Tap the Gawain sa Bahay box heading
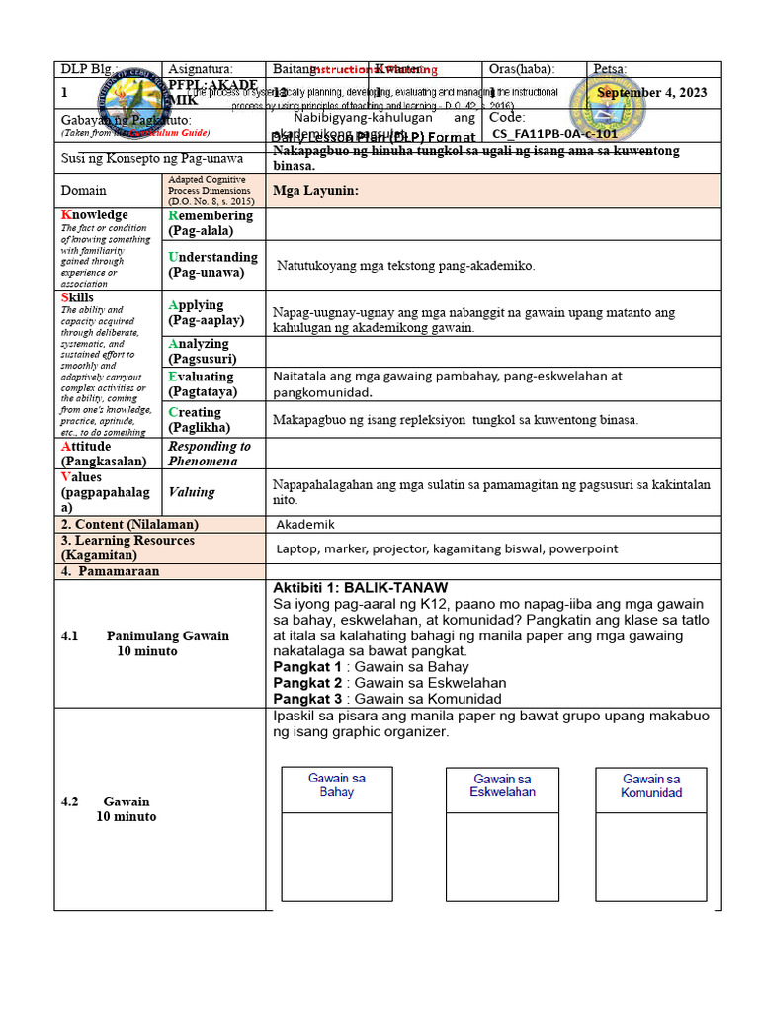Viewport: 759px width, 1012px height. [x=336, y=785]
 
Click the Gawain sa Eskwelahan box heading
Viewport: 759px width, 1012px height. [x=502, y=785]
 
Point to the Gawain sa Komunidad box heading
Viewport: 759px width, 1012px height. [x=650, y=785]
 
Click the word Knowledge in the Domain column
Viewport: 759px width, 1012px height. [x=95, y=215]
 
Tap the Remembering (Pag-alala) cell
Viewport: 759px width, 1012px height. [x=211, y=223]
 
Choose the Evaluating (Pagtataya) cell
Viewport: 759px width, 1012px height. [x=203, y=384]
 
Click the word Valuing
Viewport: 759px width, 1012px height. [x=191, y=492]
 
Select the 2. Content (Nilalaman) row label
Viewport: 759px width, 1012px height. [x=129, y=524]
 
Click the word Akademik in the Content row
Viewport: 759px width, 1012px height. [x=305, y=524]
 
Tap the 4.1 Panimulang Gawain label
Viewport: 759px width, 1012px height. [x=145, y=643]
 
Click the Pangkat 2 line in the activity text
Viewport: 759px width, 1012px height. [x=389, y=683]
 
